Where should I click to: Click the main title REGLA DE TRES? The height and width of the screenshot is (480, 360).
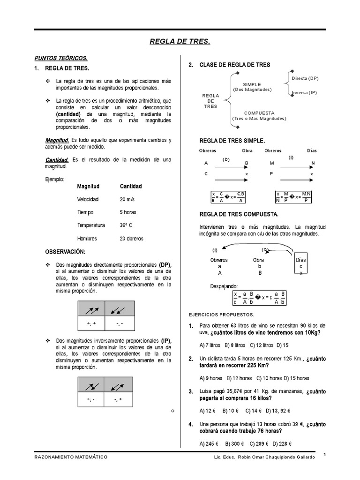tap(180, 42)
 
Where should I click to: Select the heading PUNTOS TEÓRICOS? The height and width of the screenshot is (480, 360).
tap(61, 58)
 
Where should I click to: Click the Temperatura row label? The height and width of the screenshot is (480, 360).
tap(91, 225)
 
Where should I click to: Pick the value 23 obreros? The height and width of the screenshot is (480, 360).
tap(131, 239)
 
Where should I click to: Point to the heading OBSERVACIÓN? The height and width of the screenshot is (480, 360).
tap(65, 252)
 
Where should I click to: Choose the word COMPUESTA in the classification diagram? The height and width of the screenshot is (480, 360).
tap(259, 113)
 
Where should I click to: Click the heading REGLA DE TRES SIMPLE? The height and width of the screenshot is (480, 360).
tap(232, 140)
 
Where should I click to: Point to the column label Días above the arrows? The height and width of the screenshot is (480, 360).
tap(311, 150)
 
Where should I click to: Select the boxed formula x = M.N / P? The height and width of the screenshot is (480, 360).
tap(292, 197)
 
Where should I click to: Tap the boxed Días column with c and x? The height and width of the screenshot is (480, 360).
tap(301, 265)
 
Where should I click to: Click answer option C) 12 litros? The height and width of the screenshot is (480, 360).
tap(261, 345)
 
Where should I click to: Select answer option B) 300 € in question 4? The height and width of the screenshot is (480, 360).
tap(235, 443)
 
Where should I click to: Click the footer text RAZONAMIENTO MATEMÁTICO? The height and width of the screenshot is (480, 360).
tap(71, 456)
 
